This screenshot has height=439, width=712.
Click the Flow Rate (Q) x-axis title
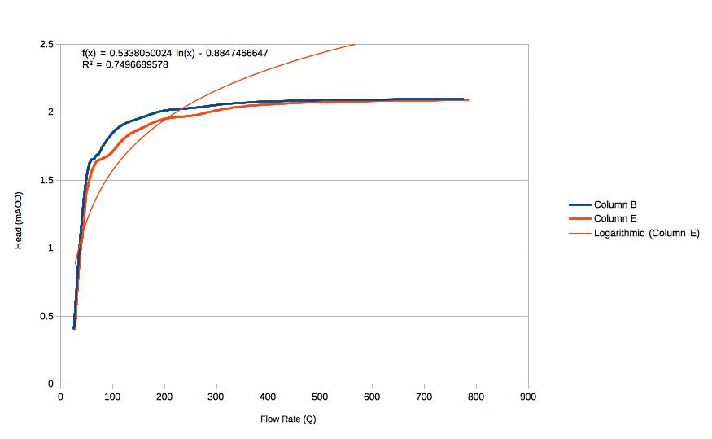click(288, 419)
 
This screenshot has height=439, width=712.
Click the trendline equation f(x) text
click(175, 54)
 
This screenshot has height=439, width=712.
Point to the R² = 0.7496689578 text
click(125, 64)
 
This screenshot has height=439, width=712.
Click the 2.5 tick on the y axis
click(47, 44)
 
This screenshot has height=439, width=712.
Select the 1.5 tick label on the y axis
click(47, 180)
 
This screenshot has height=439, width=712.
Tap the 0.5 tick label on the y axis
click(47, 316)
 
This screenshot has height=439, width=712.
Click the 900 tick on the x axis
click(528, 397)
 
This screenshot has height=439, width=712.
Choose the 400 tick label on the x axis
click(269, 397)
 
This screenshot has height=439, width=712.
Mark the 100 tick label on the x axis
click(112, 397)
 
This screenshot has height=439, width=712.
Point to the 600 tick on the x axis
click(372, 397)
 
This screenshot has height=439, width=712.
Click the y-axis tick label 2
click(50, 112)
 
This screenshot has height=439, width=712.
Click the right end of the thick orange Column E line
click(468, 99)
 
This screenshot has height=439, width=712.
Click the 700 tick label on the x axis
click(424, 397)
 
